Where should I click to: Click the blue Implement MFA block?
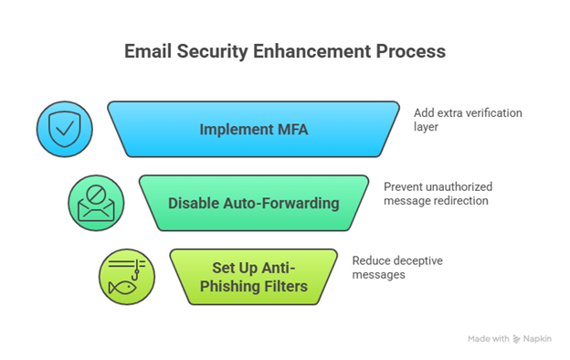click(253, 129)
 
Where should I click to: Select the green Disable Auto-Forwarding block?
click(253, 202)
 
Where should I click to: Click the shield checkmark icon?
click(63, 129)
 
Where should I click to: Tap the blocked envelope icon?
click(95, 202)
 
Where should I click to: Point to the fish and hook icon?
click(126, 275)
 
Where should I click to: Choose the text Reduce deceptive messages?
click(397, 267)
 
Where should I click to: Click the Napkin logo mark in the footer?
click(517, 338)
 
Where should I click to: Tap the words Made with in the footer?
click(488, 338)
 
